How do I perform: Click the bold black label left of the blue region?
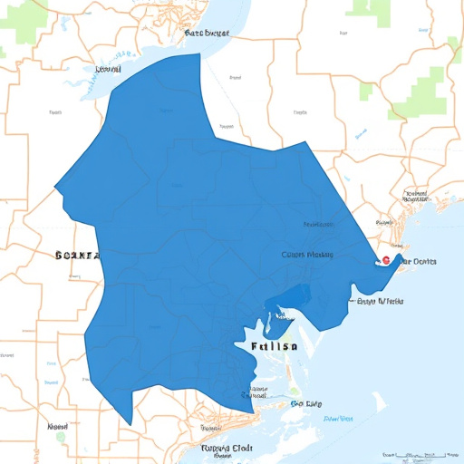76,256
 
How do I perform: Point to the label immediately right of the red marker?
418,262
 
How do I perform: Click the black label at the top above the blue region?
207,33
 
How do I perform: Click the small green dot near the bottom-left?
61,436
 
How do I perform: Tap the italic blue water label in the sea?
338,420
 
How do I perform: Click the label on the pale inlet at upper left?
108,69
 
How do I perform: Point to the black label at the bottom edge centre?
226,449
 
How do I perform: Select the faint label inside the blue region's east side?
307,255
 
